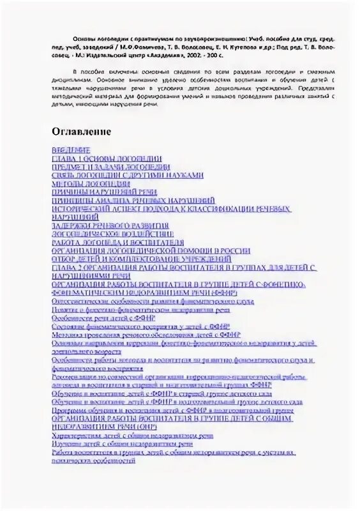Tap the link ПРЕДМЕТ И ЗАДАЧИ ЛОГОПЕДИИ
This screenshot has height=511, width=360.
pos(111,166)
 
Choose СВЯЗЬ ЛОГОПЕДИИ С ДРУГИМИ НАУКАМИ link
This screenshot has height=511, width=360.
pos(128,174)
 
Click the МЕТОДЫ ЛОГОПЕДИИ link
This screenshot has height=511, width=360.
pos(86,183)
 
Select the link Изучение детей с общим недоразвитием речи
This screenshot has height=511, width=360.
pos(122,443)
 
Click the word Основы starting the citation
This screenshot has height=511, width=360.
pos(77,38)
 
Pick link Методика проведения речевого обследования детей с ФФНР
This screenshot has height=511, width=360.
pos(140,333)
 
